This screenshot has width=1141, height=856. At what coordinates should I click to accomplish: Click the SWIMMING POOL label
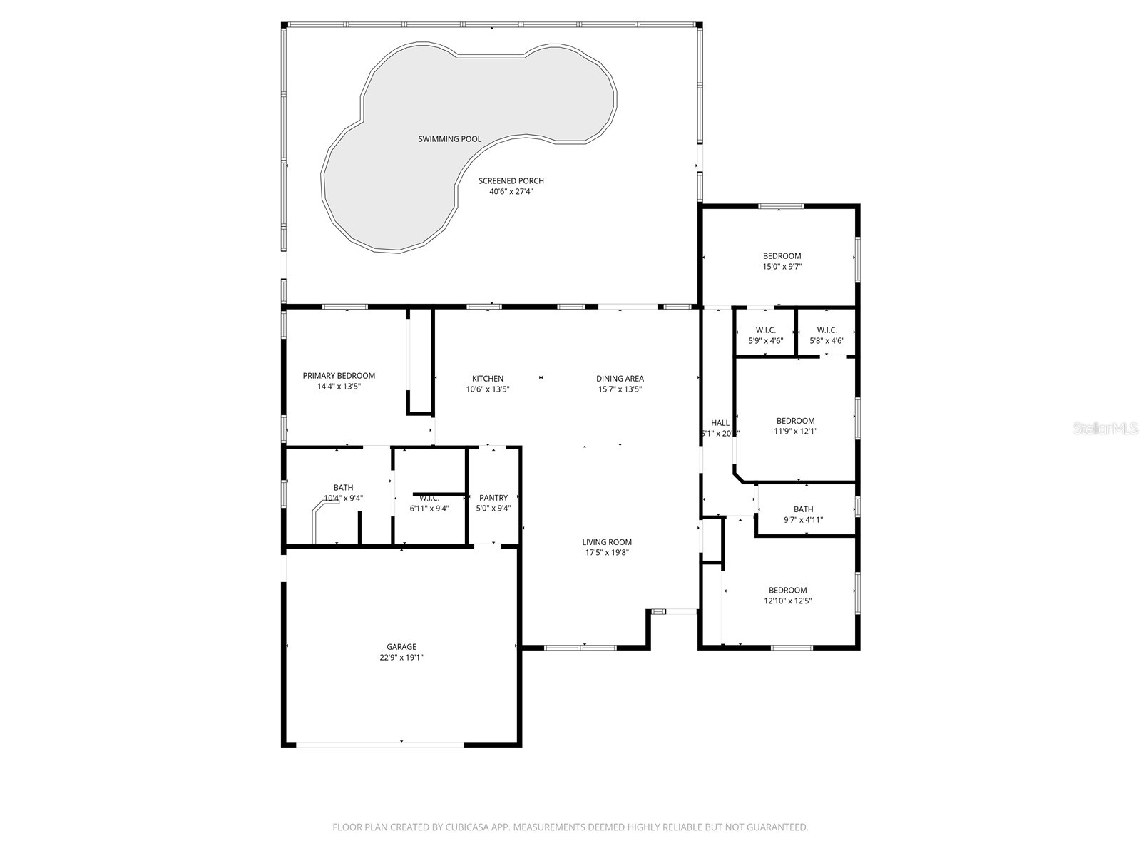[x=449, y=139]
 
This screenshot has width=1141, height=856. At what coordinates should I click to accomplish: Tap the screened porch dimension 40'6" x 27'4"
[x=511, y=191]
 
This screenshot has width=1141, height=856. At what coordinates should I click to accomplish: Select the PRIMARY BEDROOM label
[x=339, y=376]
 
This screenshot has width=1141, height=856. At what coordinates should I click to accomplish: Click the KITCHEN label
[x=488, y=379]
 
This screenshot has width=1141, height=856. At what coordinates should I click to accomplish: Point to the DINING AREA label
[x=620, y=379]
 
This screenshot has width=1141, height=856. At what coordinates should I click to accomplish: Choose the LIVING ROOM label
[x=607, y=542]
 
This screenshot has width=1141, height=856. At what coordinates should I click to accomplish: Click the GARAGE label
[x=401, y=647]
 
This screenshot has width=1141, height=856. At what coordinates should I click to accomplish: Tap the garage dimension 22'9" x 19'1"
[x=401, y=658]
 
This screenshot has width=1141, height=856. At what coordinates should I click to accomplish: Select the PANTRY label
[x=493, y=498]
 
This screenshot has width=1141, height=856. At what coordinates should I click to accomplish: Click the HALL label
[x=720, y=423]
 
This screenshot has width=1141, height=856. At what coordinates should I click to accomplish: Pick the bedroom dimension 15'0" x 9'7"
[x=782, y=267]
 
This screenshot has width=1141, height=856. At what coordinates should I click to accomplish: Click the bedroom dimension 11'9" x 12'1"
[x=795, y=431]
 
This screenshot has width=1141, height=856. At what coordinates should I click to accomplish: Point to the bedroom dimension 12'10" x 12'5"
[x=787, y=601]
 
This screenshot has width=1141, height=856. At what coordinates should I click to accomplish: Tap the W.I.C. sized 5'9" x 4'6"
[x=765, y=341]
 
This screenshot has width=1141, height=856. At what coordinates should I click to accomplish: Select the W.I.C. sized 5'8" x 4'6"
[x=827, y=341]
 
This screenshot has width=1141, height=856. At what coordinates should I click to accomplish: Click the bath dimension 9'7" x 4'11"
[x=803, y=520]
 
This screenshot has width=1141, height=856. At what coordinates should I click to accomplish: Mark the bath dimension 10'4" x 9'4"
[x=343, y=499]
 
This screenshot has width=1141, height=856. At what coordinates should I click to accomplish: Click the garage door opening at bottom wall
[x=379, y=745]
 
